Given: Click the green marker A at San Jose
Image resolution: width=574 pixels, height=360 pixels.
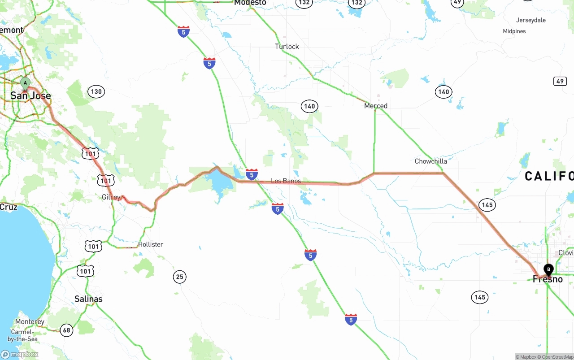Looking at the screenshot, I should tap(25, 83).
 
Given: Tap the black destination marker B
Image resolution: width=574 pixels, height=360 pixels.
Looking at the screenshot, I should tap(548, 269).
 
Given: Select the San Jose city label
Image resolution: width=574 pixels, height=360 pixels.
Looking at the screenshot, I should tap(30, 95).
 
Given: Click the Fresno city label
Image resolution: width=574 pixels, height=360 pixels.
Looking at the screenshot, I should tap(548, 279).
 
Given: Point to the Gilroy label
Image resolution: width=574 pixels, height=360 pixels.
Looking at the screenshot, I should tap(111, 197).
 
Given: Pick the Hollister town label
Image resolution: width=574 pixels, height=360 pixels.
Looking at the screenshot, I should tap(151, 244).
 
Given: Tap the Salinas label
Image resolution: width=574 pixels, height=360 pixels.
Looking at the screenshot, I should tap(88, 299).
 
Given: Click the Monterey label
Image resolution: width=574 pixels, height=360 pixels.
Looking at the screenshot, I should tap(30, 321).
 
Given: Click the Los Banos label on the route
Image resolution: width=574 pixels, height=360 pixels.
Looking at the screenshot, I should tap(286, 181).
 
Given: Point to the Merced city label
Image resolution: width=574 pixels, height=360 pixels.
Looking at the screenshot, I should tap(376, 106).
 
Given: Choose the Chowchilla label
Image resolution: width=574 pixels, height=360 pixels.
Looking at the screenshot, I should tap(430, 161).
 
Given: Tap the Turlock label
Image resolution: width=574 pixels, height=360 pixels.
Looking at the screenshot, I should tap(287, 47).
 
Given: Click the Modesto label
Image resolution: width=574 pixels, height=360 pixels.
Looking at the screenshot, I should tap(250, 3).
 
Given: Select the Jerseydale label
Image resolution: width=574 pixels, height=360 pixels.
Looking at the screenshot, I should tap(531, 20).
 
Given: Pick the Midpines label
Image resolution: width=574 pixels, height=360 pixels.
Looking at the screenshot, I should tap(514, 31).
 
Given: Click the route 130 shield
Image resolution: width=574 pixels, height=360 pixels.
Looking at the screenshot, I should tap(96, 92).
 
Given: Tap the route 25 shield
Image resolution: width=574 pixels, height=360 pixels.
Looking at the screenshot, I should tap(180, 277).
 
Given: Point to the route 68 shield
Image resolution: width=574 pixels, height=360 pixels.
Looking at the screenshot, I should tap(66, 330).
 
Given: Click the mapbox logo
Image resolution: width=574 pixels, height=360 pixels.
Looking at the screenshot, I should tap(20, 354).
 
